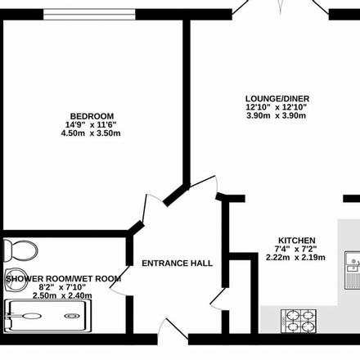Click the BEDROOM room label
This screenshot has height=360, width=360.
pos(92,116)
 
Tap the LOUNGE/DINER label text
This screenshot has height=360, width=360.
pos(277,98)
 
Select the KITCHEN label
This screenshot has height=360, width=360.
pos(297,241)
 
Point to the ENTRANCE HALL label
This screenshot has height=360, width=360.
pos(178,263)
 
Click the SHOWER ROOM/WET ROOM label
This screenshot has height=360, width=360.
pos(64,279)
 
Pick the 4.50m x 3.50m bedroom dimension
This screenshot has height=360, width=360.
pos(91,133)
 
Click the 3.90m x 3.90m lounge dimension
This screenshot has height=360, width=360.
pos(276,115)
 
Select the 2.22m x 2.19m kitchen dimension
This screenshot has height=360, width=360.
pos(295,257)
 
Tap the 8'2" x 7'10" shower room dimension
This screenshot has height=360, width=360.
pos(62,287)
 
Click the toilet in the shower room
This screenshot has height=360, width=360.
pos(20,250)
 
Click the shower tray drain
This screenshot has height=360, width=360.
pos(72,316)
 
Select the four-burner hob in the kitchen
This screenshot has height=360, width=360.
pos(299,321)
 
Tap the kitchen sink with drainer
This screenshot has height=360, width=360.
pos(353,270)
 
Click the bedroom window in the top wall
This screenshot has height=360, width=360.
pos(89,14)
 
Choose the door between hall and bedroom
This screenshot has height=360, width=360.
pos(154,208)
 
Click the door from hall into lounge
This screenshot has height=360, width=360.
pos(204,185)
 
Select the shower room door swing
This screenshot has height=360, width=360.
pos(119,281)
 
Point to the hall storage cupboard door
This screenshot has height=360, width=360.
pos(218,299)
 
